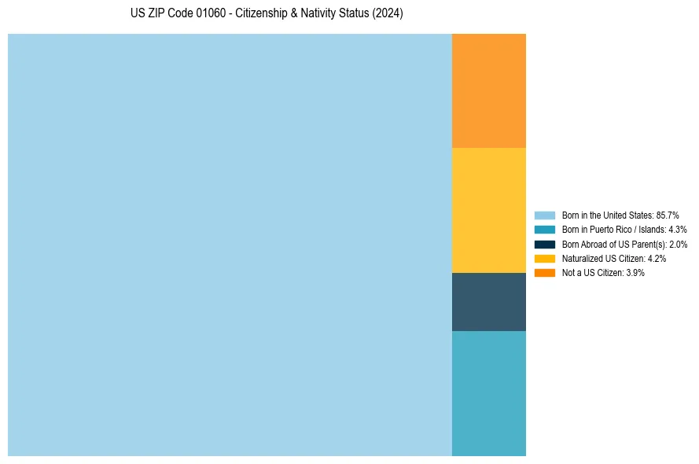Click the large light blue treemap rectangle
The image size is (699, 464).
coord(230,245)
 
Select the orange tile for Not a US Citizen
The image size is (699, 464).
coord(488,90)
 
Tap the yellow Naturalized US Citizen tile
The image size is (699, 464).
coord(488,210)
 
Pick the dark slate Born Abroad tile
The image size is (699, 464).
coord(488,302)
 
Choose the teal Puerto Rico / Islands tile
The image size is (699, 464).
coord(488,393)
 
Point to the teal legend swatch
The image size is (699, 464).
coord(544,230)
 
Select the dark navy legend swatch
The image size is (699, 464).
coord(544,245)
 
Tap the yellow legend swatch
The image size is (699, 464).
coord(544,259)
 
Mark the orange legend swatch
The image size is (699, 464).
coord(544,273)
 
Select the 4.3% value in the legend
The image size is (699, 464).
coord(678,230)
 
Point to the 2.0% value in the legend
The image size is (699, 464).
coord(679,245)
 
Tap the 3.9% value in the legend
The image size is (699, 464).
coord(635,273)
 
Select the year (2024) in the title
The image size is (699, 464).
coord(388,14)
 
